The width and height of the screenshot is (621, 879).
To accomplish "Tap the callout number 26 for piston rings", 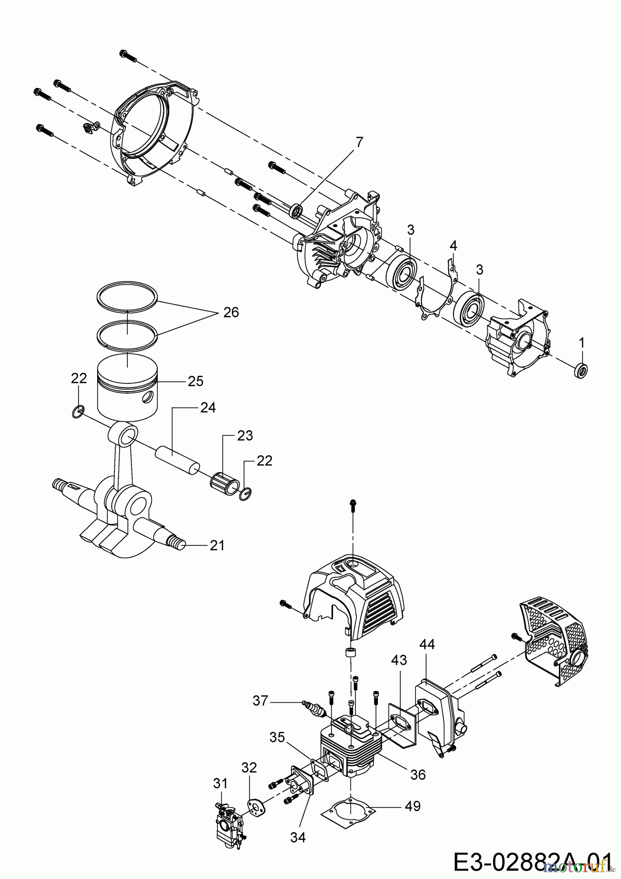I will pyautogui.click(x=231, y=313).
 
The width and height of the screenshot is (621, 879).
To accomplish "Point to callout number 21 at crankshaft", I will pyautogui.click(x=217, y=545).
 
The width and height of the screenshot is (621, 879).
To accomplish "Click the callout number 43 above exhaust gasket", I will pyautogui.click(x=398, y=661).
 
